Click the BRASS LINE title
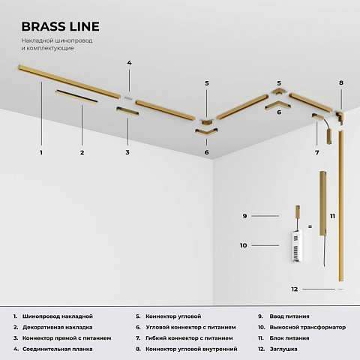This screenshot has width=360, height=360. tap(60, 26)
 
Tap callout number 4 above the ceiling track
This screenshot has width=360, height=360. tap(129, 63)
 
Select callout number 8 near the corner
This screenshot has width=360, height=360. tap(341, 82)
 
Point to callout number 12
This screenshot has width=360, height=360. tap(295, 289)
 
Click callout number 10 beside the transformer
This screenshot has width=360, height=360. tap(243, 245)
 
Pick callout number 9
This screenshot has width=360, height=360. tap(244, 216)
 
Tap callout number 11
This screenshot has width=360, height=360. tap(332, 216)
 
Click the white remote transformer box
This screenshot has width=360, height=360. tap(297, 246)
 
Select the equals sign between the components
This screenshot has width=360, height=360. tap(310, 226)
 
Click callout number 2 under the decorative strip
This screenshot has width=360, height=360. tap(82, 152)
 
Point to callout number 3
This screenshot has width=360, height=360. tap(127, 152)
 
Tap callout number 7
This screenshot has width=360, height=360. tap(317, 152)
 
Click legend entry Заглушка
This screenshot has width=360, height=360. tap(283, 349)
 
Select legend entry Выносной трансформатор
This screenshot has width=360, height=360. tap(307, 327)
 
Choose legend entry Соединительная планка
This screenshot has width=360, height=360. tap(58, 349)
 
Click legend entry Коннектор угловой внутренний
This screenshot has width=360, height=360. tap(191, 349)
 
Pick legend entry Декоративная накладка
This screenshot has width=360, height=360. tap(58, 327)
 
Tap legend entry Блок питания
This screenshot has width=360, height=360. tap(289, 338)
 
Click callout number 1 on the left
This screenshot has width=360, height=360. tap(41, 152)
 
